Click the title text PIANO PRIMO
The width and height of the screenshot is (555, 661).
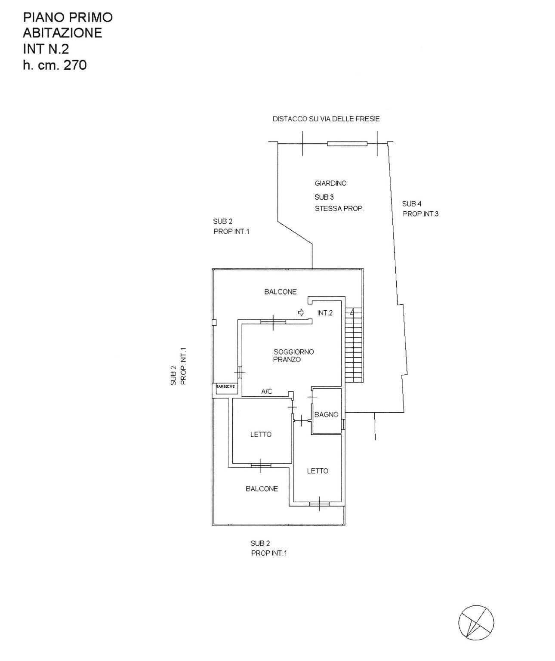coord(68,17)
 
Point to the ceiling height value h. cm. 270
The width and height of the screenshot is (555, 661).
coord(55,65)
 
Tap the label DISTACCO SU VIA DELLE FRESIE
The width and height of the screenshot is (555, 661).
coord(326,119)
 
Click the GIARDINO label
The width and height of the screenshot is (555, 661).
coord(330,183)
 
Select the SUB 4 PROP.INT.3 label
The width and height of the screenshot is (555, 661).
coord(420,209)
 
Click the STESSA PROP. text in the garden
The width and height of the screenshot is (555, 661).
coord(339,209)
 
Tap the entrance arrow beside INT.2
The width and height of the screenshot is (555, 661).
coord(301,312)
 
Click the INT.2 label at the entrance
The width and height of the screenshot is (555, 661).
coord(325,313)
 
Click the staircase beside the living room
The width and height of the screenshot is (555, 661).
coord(354,346)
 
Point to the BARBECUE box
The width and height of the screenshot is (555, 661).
coord(225,387)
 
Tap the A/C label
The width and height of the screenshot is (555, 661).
coord(267,392)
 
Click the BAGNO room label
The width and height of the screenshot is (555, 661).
coord(326,415)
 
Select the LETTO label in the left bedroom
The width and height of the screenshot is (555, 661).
coord(261,435)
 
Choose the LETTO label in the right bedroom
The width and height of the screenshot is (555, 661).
coord(318,471)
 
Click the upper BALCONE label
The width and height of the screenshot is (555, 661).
coord(280,292)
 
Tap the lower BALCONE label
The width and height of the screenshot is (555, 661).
coord(262,489)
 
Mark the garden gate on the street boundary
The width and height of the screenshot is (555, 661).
coord(347,144)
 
